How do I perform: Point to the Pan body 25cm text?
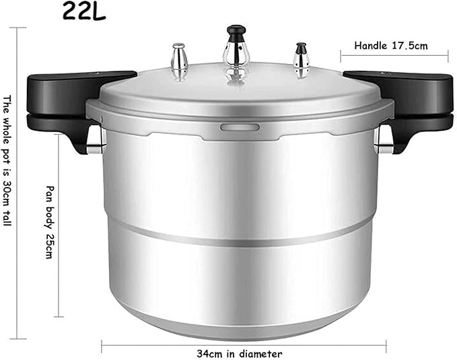click(x=48, y=221)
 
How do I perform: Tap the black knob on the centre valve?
click(x=236, y=32)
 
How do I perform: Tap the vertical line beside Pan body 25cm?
click(x=61, y=222)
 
